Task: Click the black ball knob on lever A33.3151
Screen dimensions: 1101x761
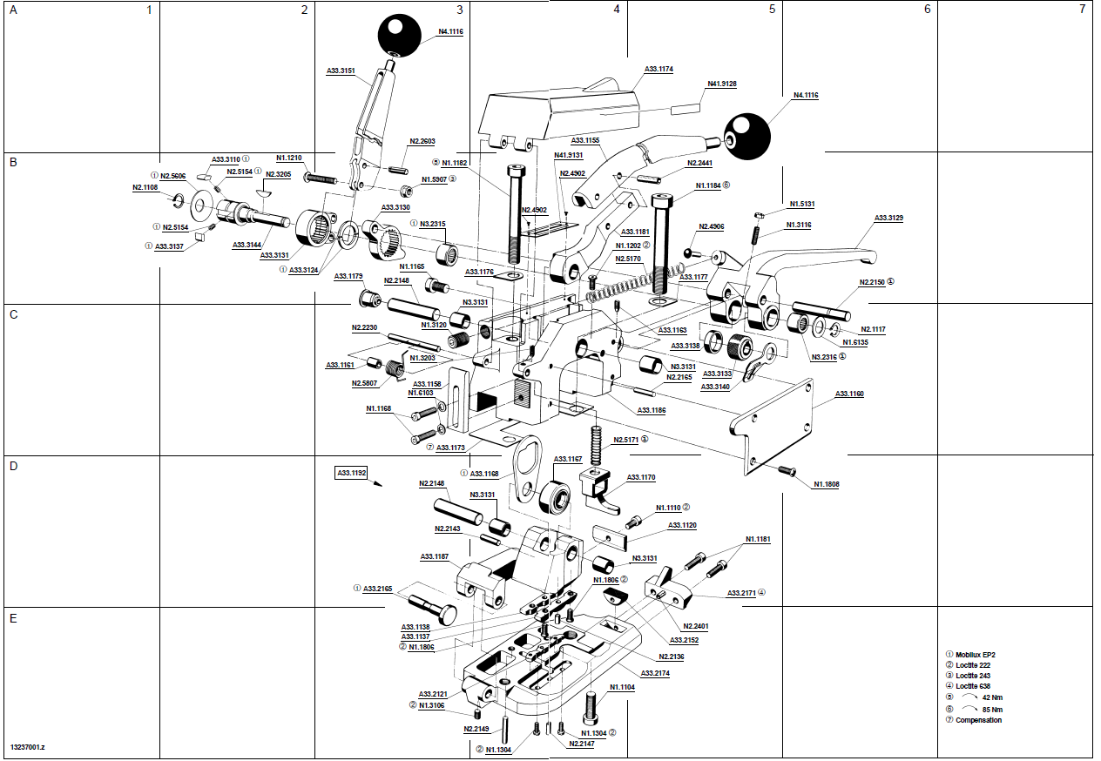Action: pos(400,36)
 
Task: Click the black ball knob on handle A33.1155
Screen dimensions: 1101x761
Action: pos(747,137)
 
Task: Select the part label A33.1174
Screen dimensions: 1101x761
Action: pos(659,70)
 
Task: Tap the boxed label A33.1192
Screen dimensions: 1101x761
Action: pos(351,473)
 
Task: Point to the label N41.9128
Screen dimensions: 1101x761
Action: pos(721,84)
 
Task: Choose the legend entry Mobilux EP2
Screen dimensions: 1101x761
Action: pos(976,655)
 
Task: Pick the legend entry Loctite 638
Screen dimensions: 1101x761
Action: pos(973,686)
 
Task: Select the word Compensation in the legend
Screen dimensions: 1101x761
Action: pos(978,720)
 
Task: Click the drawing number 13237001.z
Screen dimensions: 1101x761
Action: pos(28,747)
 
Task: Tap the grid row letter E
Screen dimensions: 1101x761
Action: pos(13,618)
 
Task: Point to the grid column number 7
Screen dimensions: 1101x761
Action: pos(1082,9)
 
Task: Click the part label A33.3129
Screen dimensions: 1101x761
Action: pos(888,219)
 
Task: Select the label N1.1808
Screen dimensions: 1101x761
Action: pos(827,484)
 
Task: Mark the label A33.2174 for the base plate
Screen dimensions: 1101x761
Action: pos(655,674)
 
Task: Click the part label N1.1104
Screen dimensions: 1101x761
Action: pos(622,687)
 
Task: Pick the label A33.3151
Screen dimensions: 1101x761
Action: pos(341,71)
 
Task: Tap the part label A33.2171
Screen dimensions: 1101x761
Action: pos(741,594)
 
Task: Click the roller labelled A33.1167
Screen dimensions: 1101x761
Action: pos(555,495)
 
